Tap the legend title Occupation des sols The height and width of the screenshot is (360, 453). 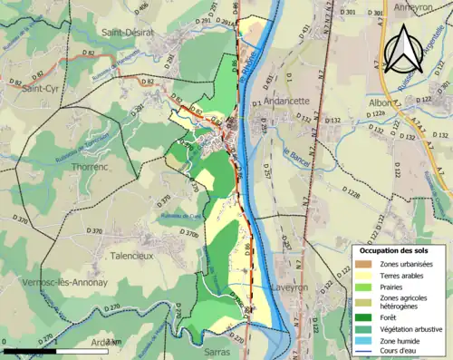pyautogui.click(x=398, y=249)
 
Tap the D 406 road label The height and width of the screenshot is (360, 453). pyautogui.click(x=141, y=7)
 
